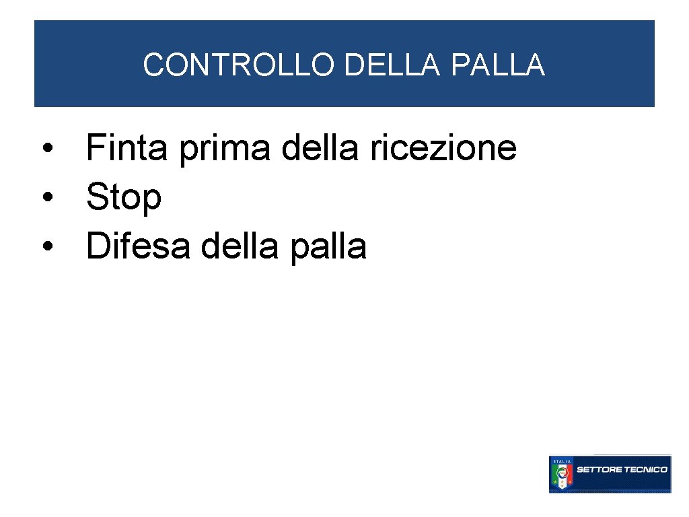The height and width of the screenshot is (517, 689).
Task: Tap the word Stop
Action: click(124, 199)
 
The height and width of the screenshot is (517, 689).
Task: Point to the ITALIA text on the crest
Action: click(560, 460)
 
